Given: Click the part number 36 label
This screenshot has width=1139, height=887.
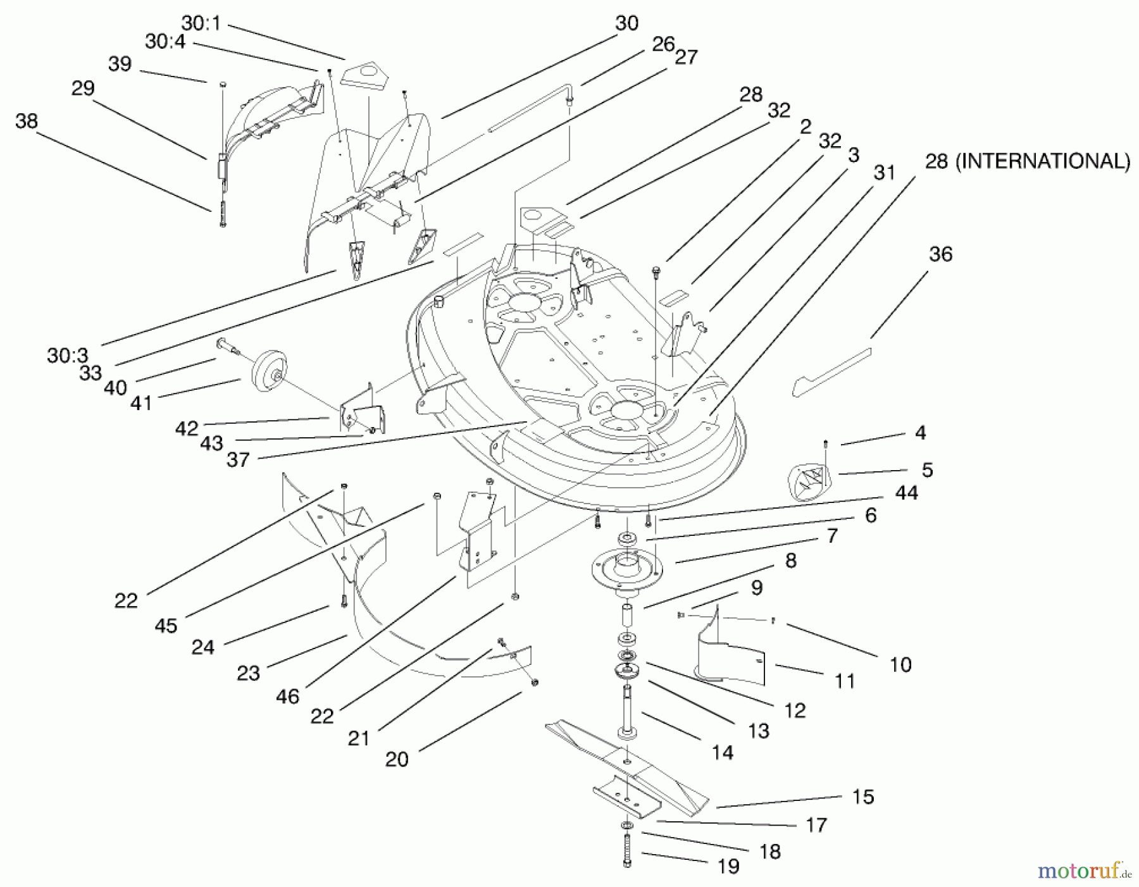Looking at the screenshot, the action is (940, 254).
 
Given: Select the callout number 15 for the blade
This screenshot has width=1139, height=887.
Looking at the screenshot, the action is (863, 797).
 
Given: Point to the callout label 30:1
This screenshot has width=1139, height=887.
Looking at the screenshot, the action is (201, 23).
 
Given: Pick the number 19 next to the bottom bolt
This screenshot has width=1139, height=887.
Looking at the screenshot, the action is (728, 866).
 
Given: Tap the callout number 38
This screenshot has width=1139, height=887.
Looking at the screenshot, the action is (27, 121).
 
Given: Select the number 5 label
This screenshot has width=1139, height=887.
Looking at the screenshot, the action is (927, 470).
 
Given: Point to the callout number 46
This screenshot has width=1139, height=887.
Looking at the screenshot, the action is (287, 697).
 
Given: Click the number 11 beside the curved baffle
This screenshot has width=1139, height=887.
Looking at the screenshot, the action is (845, 681).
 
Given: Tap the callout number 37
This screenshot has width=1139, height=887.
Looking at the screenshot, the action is (238, 460).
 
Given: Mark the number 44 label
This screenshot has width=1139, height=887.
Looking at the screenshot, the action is (907, 493).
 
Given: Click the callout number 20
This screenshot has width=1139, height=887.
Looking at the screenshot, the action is (397, 759).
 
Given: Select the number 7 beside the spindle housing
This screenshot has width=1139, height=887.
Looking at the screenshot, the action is (832, 536).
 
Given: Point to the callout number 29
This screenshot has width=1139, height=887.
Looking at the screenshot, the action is (83, 88).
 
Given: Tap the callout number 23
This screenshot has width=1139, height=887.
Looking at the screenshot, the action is (248, 673).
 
